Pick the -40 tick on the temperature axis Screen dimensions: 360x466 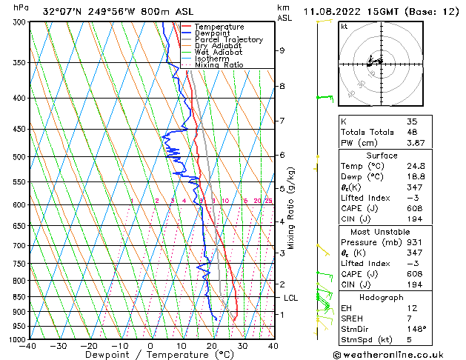(x=28, y=346)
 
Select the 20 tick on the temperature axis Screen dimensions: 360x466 (x=212, y=346)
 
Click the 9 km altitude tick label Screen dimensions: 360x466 (x=282, y=50)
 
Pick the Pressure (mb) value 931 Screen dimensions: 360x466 (x=414, y=241)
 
